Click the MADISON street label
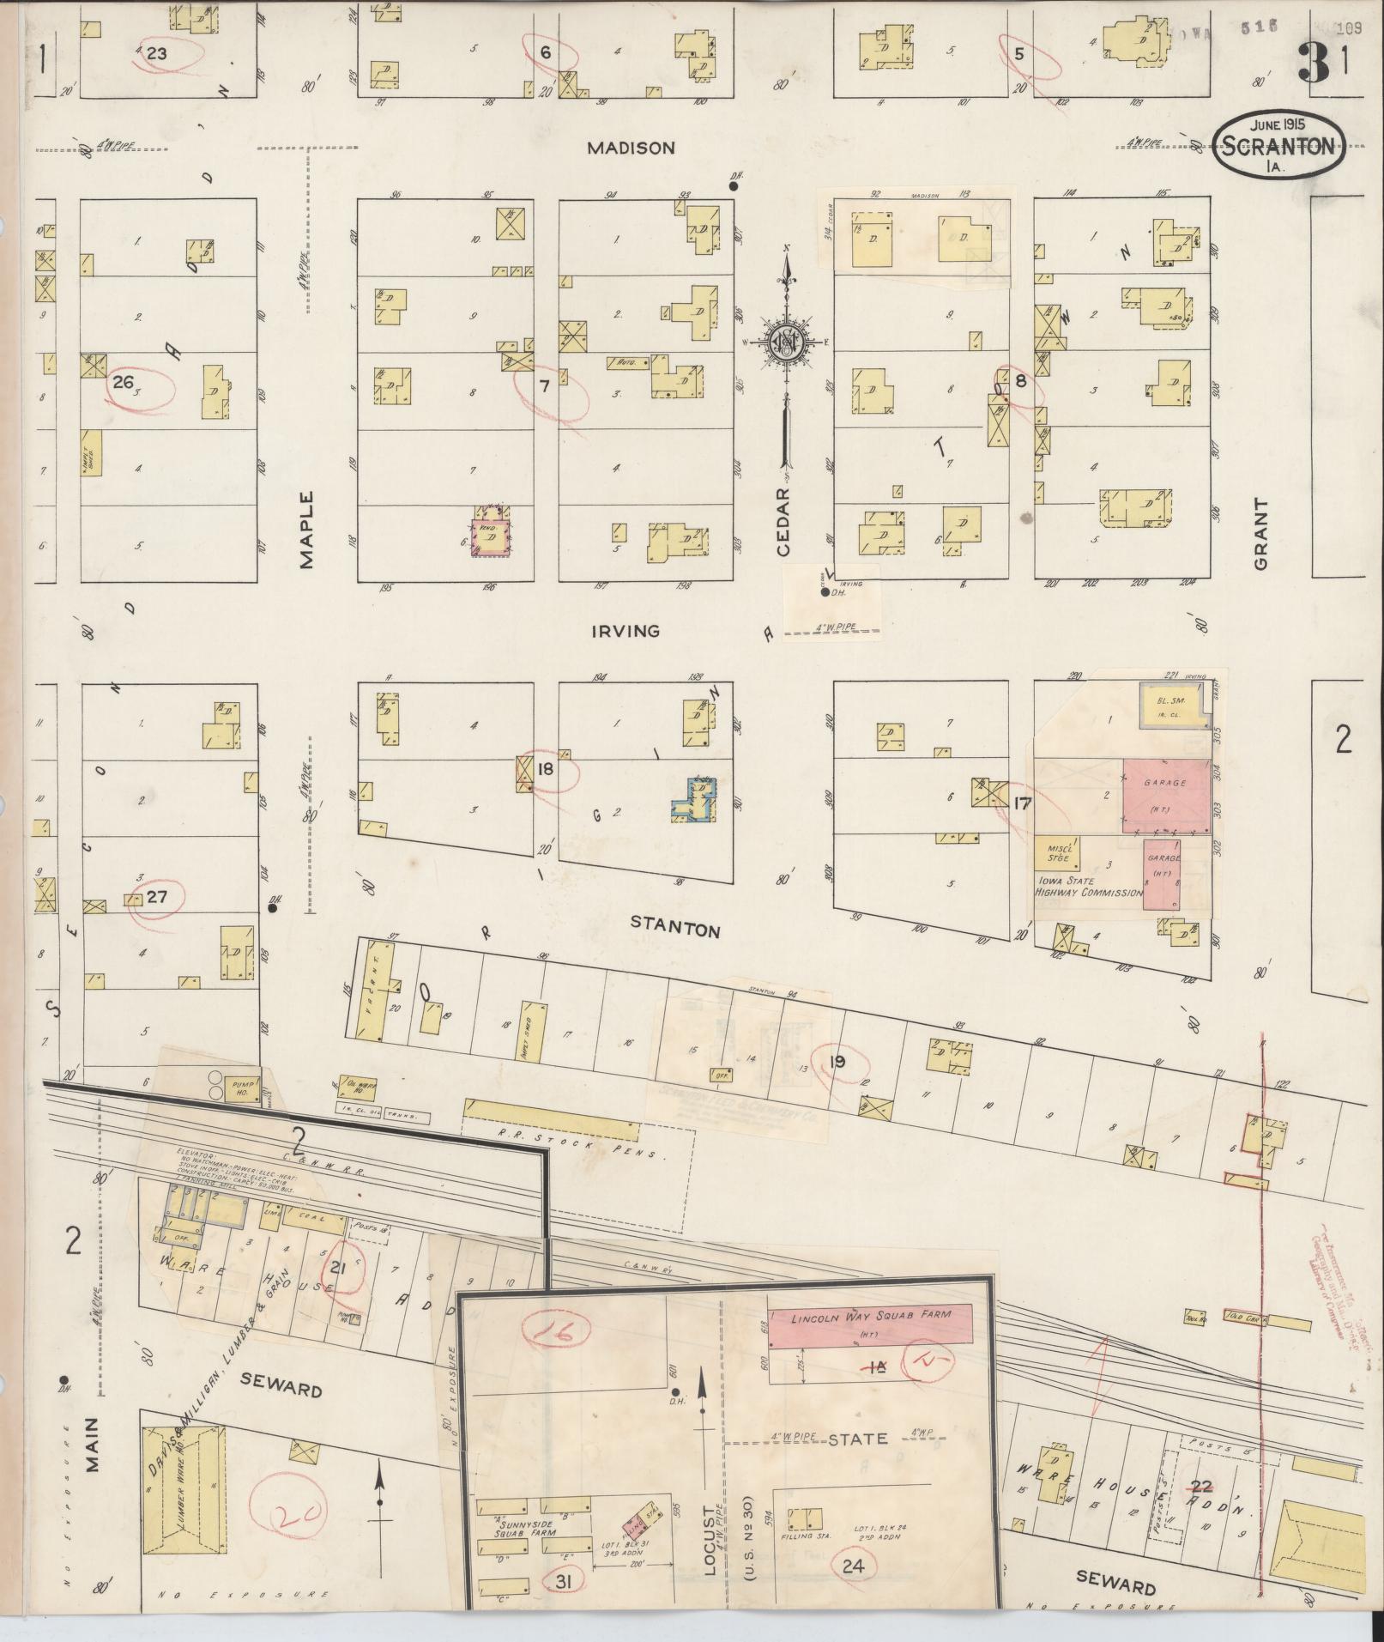tap(631, 148)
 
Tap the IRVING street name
tap(626, 631)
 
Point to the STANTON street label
tap(674, 929)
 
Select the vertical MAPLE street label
tap(307, 530)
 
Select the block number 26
tap(123, 382)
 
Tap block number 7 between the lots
tap(543, 385)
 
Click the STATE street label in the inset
tap(857, 1439)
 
